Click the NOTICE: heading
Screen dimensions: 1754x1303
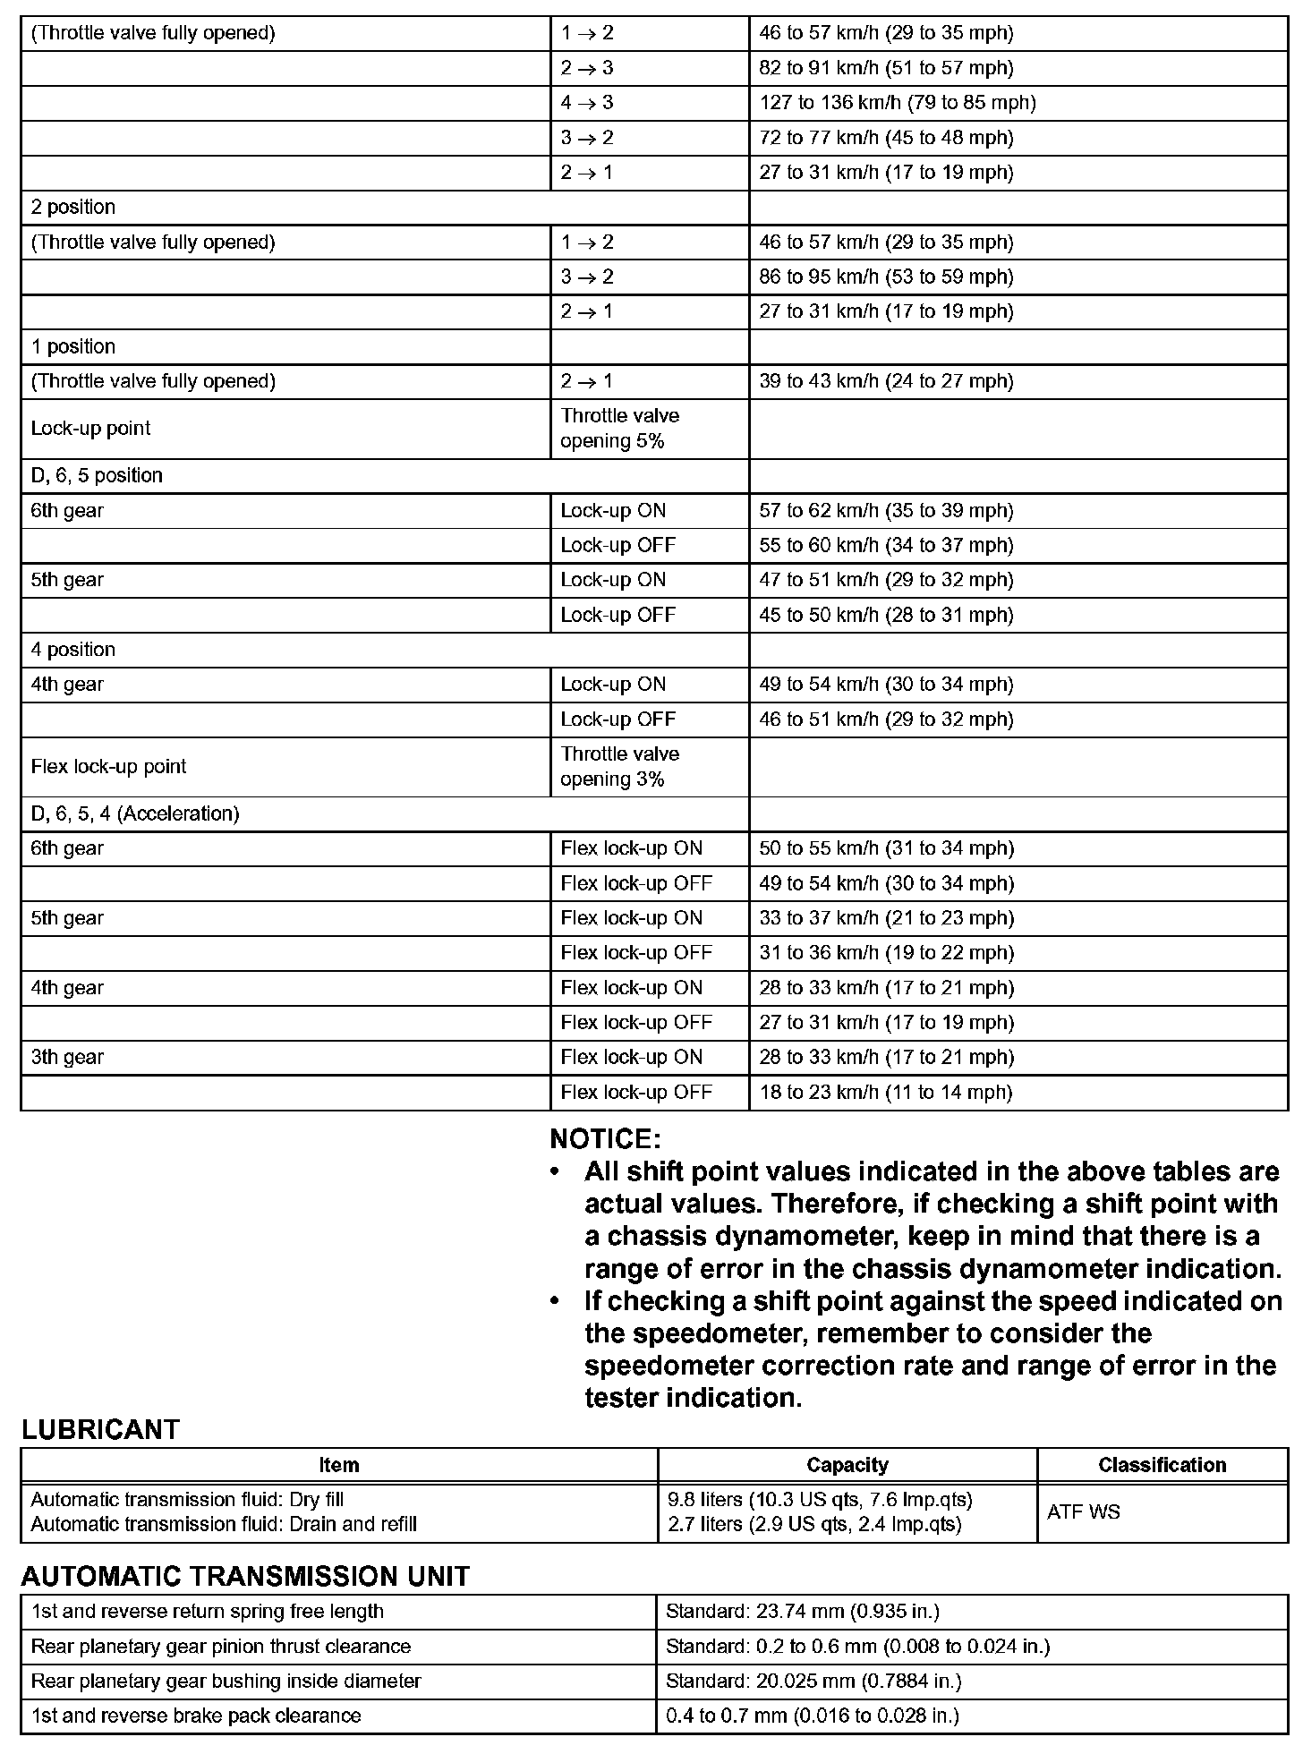click(605, 1139)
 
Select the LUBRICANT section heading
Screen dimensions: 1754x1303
click(100, 1430)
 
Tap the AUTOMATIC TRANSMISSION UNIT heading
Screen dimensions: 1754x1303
click(245, 1576)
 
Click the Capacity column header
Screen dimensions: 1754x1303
click(847, 1465)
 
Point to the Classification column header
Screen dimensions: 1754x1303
click(1162, 1465)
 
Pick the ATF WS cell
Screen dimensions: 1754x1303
click(1083, 1512)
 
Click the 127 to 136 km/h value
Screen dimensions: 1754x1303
click(897, 103)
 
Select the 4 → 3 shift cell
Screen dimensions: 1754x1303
click(587, 103)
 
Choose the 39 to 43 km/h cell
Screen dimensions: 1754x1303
click(886, 381)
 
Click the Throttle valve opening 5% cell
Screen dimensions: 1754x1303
click(619, 429)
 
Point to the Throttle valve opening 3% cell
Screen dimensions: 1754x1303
click(619, 767)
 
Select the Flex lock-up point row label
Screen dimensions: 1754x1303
click(108, 767)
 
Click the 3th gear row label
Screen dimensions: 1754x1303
click(67, 1057)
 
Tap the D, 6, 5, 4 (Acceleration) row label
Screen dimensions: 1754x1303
click(135, 813)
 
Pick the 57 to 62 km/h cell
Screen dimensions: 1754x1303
click(886, 511)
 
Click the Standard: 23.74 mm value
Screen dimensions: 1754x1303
click(802, 1612)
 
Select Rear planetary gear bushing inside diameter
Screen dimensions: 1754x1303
click(226, 1682)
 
